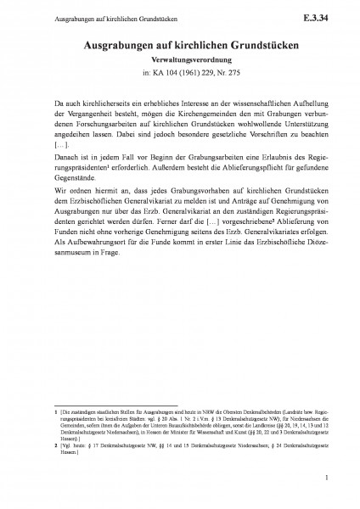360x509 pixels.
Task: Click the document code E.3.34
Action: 323,16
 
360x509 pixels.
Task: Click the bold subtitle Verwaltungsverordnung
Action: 179,62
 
